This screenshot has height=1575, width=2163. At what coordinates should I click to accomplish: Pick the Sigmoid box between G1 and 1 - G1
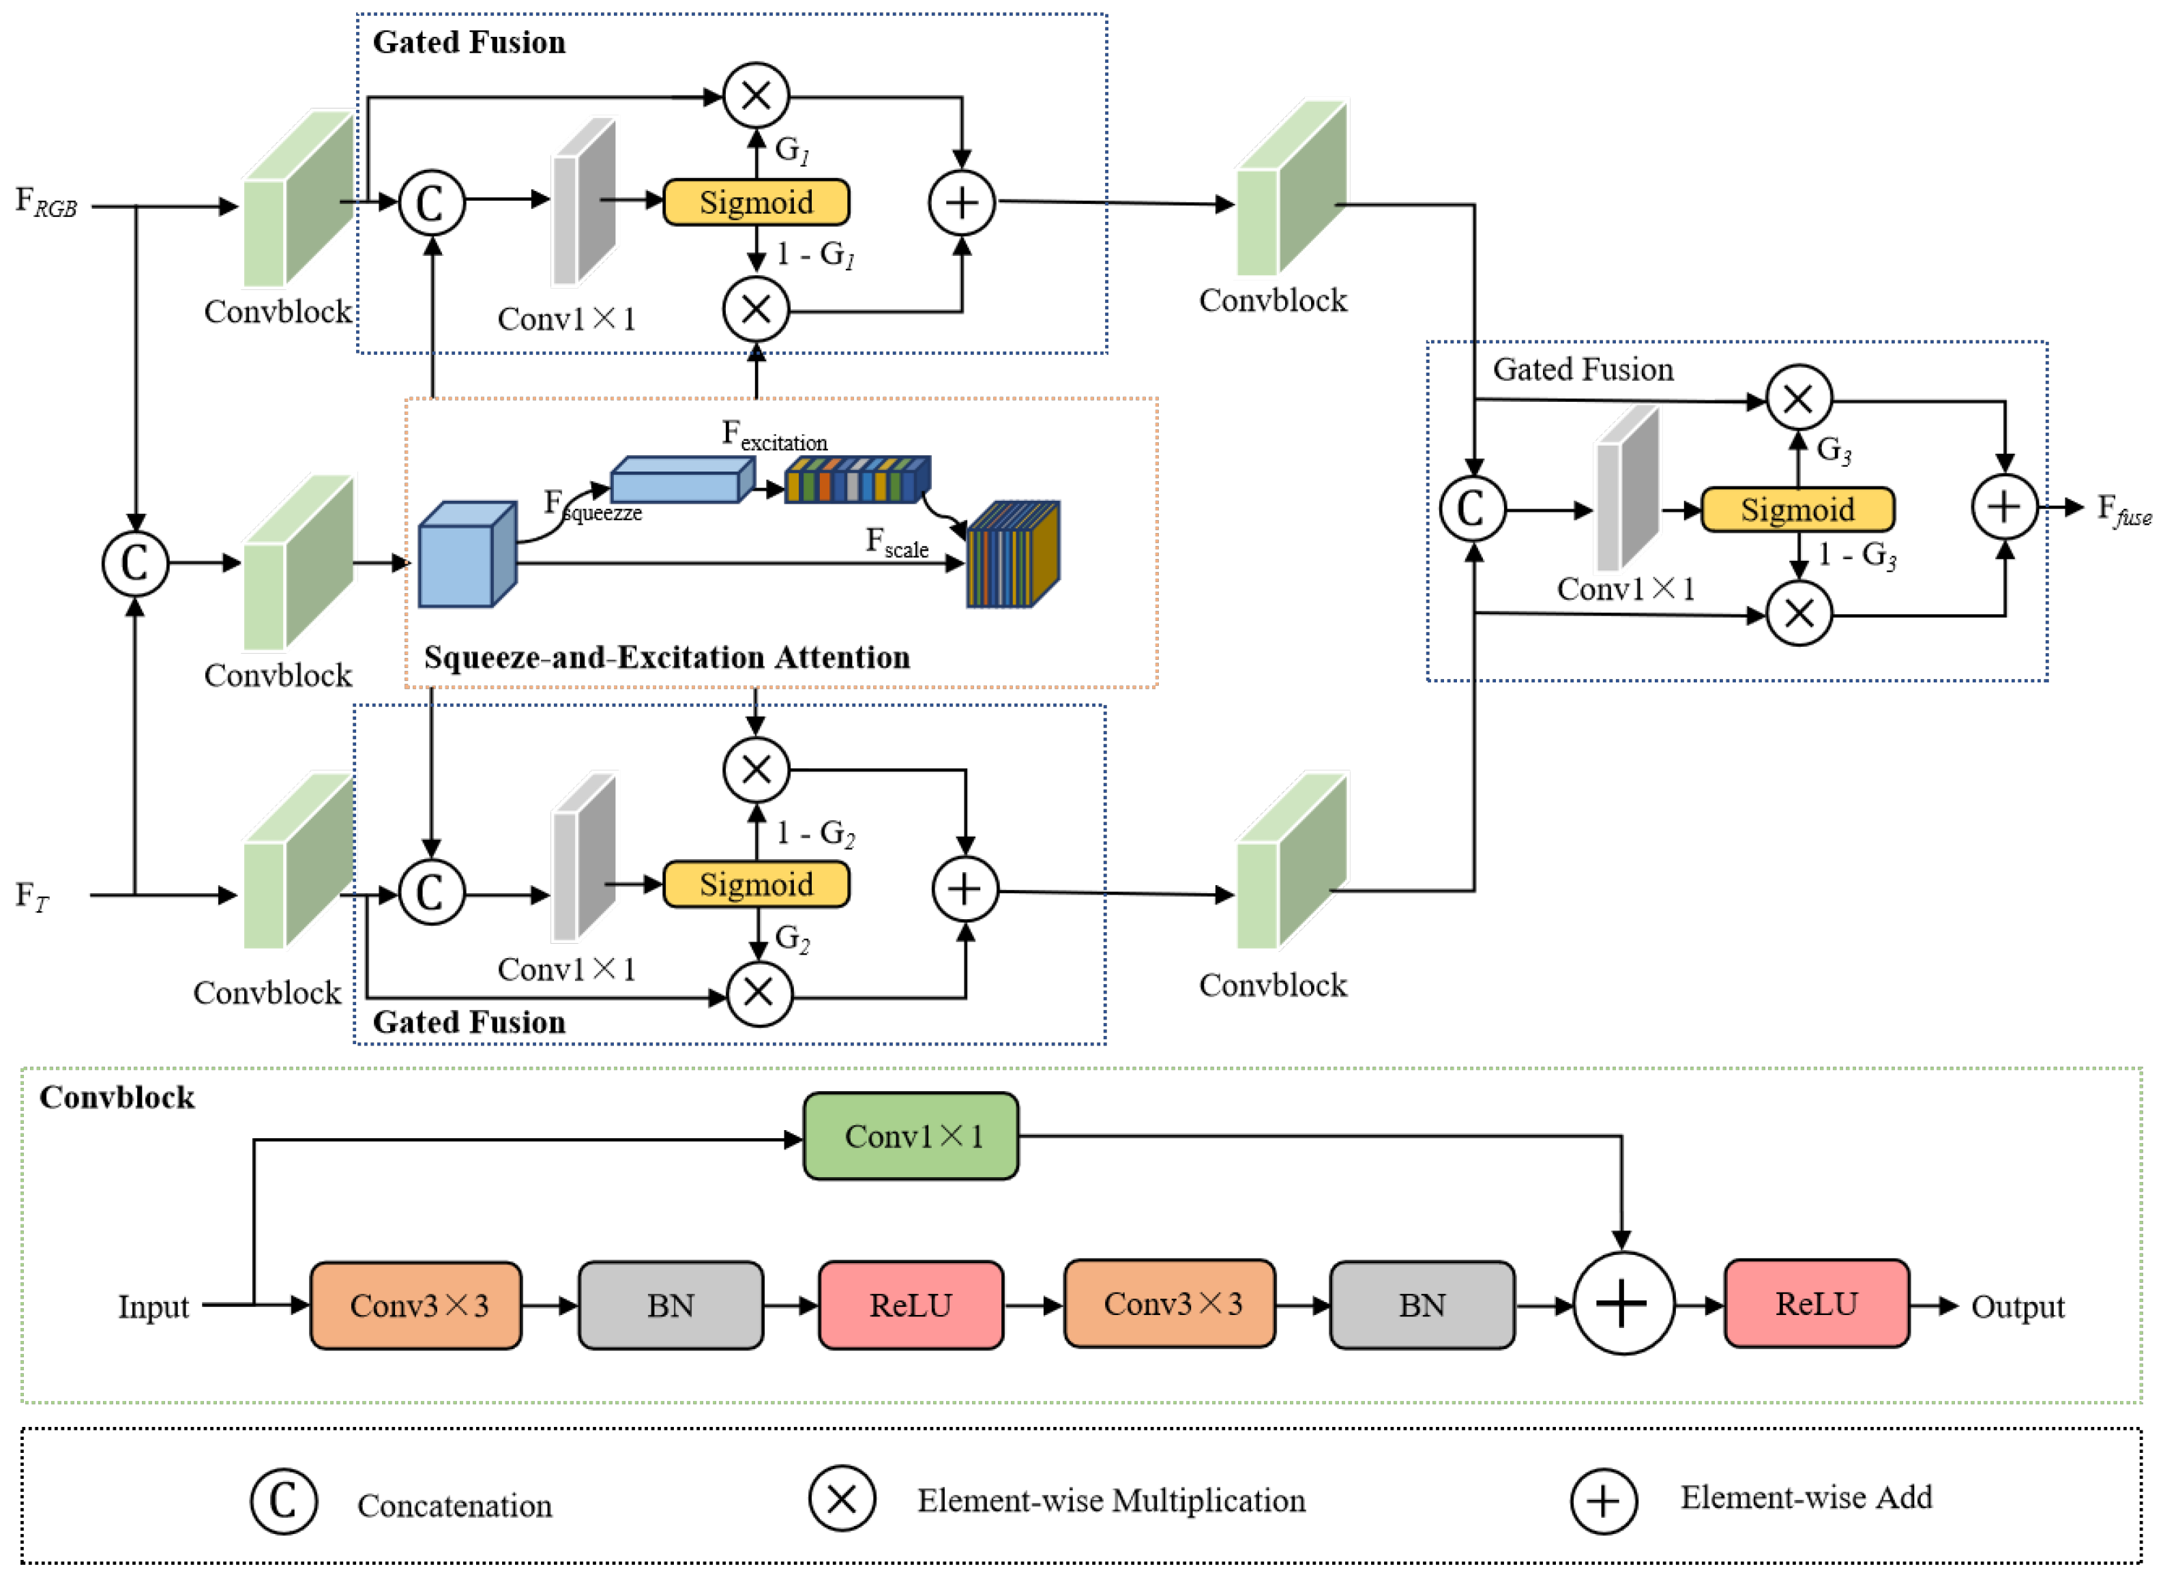(x=756, y=202)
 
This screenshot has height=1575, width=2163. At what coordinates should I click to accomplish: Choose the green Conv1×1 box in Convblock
(x=911, y=1136)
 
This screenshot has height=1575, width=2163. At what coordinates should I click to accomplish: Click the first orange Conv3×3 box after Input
(x=417, y=1305)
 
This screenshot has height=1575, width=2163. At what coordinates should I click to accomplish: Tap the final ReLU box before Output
(x=1816, y=1303)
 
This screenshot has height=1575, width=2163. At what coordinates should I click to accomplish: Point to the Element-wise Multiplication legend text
(x=1111, y=1501)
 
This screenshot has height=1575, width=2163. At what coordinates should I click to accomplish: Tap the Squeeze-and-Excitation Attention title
(x=666, y=657)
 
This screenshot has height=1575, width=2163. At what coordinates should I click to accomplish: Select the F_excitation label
(x=774, y=436)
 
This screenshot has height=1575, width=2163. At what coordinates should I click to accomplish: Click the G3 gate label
(x=1833, y=449)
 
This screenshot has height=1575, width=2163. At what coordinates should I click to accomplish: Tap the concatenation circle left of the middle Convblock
(x=136, y=563)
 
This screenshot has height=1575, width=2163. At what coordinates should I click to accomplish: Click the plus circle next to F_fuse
(x=2004, y=506)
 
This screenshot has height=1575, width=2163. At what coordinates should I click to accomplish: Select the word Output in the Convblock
(x=2017, y=1306)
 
